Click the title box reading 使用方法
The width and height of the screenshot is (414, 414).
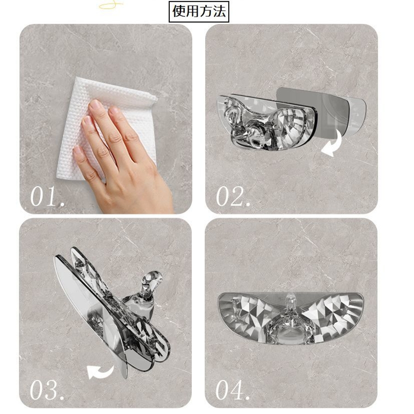click(199, 11)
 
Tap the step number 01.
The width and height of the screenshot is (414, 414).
click(47, 196)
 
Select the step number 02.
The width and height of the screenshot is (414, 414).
click(233, 196)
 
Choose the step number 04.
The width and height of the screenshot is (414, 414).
click(233, 390)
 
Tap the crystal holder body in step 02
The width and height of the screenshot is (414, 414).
click(267, 121)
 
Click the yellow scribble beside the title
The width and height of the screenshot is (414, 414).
click(111, 5)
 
